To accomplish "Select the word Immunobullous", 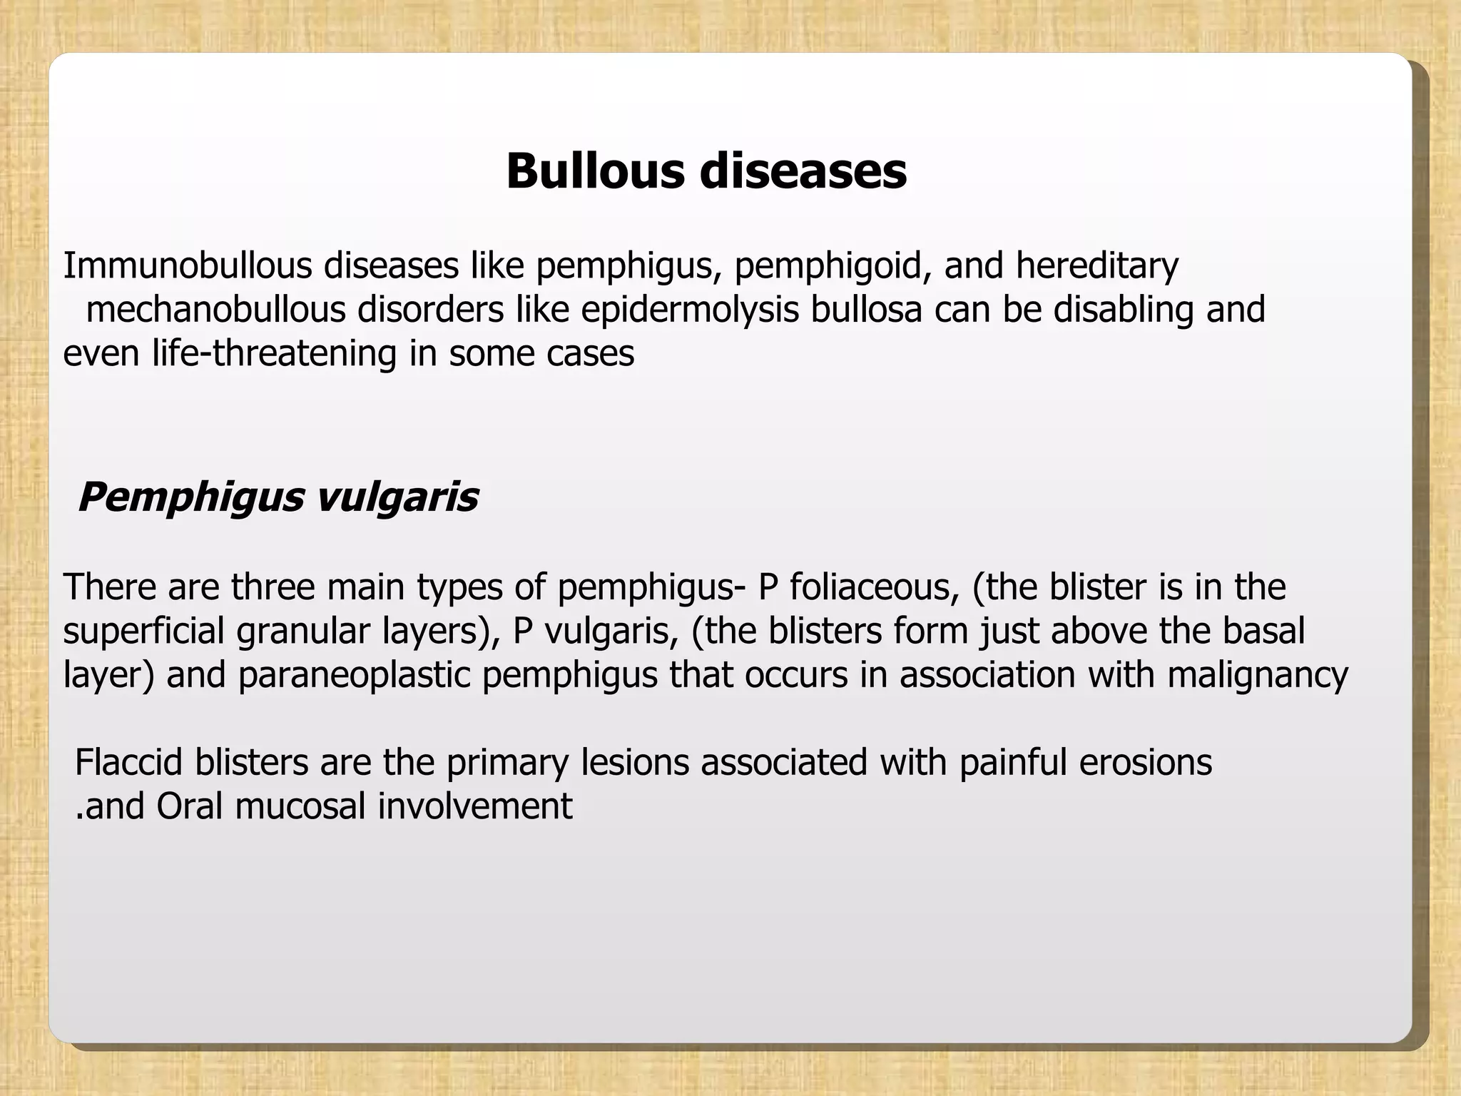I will coord(188,265).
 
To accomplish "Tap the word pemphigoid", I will coord(833,265).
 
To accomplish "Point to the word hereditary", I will coord(1097,265).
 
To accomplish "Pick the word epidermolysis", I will coord(690,310).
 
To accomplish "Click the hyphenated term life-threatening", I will coord(274,353).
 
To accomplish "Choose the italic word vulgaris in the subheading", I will coord(396,497).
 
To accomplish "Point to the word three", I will coord(273,587).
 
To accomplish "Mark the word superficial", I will coord(143,631).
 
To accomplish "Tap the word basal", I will coord(1264,631).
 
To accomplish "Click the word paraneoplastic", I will coord(354,675).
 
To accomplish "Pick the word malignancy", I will coord(1258,675).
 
